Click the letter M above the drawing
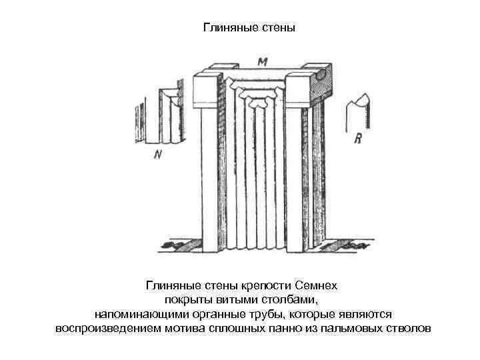point(262,62)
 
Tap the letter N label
point(157,155)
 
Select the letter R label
point(357,139)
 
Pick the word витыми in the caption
point(235,299)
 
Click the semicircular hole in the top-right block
point(321,76)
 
